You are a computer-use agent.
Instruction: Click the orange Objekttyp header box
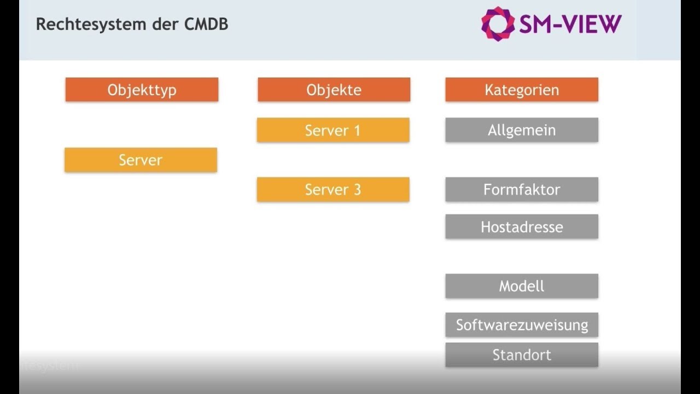[142, 90]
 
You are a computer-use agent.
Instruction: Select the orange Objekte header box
[334, 90]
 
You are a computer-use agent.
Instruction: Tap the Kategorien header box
[522, 90]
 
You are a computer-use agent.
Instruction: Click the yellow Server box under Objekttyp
[141, 160]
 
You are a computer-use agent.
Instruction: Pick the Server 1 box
[333, 130]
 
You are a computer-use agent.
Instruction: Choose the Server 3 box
[333, 189]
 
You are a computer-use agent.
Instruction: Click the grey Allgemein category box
[522, 130]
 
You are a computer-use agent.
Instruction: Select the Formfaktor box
[522, 189]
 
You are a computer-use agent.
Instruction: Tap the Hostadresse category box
[522, 227]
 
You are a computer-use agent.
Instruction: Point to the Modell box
[522, 286]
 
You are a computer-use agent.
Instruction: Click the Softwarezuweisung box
[522, 325]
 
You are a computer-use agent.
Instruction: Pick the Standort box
[522, 355]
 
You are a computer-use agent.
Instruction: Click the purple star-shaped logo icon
[498, 24]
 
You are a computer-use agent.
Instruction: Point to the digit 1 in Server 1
[357, 130]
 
